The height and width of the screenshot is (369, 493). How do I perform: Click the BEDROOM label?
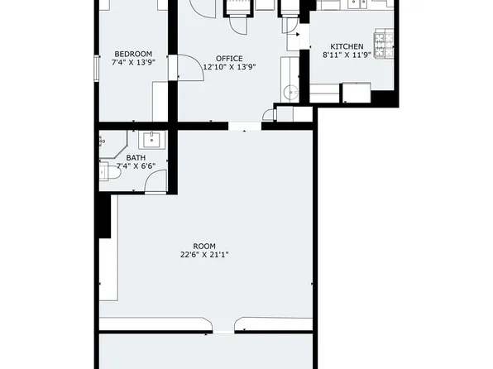[132, 54]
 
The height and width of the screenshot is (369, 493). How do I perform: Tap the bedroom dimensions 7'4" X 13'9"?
[132, 63]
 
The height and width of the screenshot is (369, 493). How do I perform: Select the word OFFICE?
[229, 58]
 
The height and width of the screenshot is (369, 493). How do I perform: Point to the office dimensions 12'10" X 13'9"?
[229, 67]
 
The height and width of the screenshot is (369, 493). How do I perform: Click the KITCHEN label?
[347, 46]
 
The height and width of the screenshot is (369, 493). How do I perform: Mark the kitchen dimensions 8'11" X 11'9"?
[347, 55]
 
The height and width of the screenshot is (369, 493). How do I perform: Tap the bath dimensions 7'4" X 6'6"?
[136, 166]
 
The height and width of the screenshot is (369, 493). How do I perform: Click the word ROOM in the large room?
[203, 247]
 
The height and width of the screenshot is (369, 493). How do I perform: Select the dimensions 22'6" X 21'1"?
[203, 256]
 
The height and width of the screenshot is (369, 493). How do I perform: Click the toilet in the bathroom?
[105, 172]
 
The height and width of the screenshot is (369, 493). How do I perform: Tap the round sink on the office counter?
[290, 93]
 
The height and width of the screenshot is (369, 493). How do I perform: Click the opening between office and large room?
[244, 127]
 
